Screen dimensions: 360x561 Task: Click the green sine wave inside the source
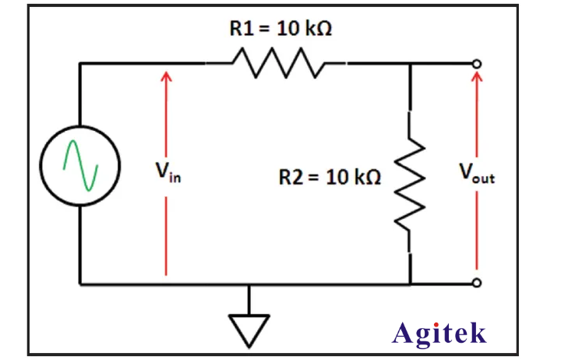point(81,166)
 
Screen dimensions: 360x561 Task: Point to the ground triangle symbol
point(249,327)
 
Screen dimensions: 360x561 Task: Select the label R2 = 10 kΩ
point(330,178)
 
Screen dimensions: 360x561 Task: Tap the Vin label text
point(167,172)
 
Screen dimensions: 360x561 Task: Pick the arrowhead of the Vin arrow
point(166,76)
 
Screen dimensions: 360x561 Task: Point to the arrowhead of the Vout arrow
point(477,76)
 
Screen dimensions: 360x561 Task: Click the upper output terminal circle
point(477,63)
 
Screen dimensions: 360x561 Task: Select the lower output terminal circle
point(477,284)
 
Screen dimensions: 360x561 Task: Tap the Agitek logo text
point(439,333)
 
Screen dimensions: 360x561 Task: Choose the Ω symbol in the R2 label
point(372,178)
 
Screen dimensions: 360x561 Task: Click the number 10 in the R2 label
point(335,178)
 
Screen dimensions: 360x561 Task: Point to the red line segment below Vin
point(166,234)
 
